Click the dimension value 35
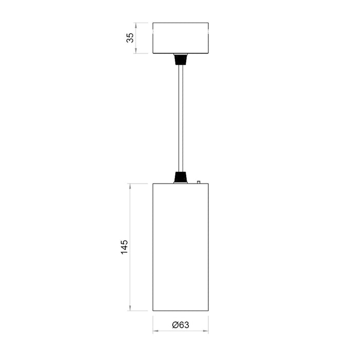pos(130,38)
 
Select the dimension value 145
pos(124,247)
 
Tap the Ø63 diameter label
pos(180,325)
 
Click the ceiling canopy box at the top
pos(181,38)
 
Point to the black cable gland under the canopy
pos(180,58)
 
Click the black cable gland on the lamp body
pos(180,177)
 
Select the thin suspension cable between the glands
pos(180,118)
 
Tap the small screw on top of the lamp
pos(198,182)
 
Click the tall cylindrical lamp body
pos(181,247)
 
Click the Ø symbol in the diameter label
pos(175,325)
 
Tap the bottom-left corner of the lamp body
pos(153,311)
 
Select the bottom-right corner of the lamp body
pos(208,311)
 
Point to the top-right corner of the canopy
pos(208,23)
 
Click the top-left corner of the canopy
pos(153,23)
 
